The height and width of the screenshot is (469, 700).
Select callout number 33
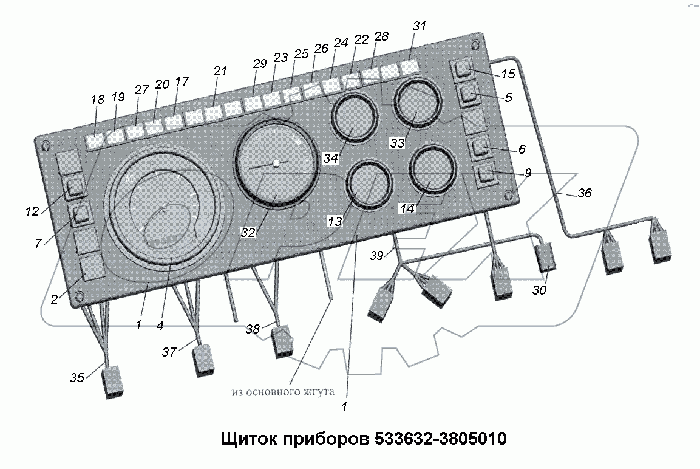[397, 143]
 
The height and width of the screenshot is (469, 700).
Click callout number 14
[407, 208]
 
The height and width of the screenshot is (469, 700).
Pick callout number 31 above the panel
[419, 26]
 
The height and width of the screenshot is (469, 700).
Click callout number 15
[508, 74]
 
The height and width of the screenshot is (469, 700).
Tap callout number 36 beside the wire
[584, 193]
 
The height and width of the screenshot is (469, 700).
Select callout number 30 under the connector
[539, 290]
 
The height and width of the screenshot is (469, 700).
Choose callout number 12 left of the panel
[32, 211]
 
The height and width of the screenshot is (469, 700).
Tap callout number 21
[220, 71]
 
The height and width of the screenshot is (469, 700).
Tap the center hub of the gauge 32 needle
[276, 163]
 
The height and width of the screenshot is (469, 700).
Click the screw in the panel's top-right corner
[474, 44]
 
